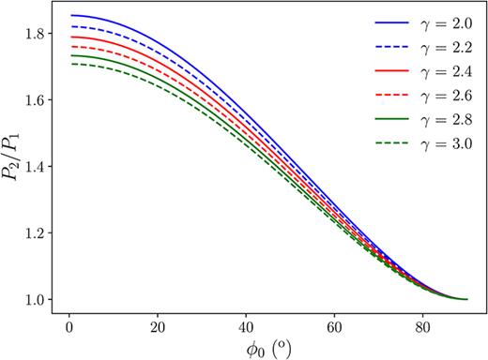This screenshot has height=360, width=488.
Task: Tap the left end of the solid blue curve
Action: click(71, 16)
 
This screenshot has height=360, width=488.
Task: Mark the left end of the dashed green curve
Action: click(71, 64)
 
